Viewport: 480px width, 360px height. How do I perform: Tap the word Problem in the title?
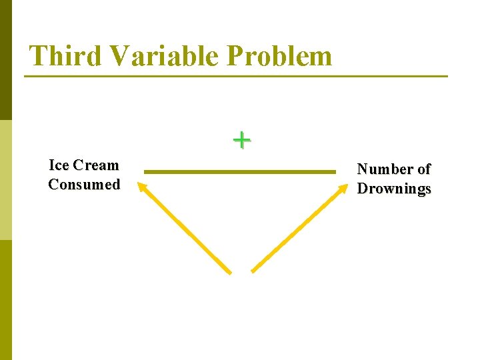(x=279, y=55)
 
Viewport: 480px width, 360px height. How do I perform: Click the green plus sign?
(x=241, y=140)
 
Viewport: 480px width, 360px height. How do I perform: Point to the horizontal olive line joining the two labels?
(x=240, y=172)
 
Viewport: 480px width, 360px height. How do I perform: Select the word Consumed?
(x=84, y=185)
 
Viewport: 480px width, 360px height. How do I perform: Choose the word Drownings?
(x=394, y=189)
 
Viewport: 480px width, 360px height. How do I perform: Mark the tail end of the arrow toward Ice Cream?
(x=229, y=271)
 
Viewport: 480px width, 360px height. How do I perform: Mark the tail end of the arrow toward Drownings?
(x=253, y=270)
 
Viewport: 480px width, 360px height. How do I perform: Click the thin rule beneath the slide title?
(x=236, y=76)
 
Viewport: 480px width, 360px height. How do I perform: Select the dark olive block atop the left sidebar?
(x=6, y=60)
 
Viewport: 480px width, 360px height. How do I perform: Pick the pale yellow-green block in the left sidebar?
(x=6, y=180)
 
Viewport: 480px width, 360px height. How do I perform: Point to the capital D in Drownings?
(x=363, y=189)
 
